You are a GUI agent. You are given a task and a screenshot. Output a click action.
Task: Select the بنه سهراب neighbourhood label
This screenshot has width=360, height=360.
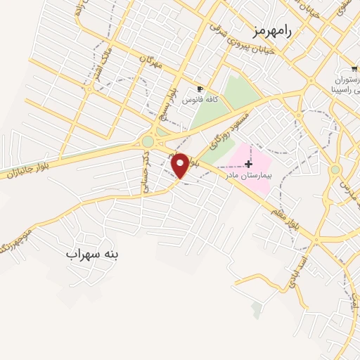click(x=93, y=254)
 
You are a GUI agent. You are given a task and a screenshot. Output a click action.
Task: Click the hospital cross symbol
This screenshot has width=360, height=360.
click(x=249, y=163)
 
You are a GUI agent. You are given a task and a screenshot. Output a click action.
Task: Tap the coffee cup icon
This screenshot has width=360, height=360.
click(x=200, y=89)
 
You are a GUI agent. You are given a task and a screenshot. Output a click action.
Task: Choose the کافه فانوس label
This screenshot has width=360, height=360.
click(x=200, y=101)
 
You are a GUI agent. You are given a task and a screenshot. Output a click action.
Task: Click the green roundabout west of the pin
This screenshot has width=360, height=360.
click(x=148, y=142)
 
